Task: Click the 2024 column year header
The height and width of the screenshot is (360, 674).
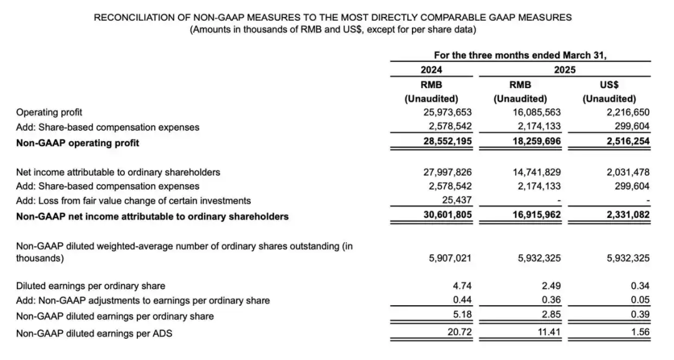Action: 431,70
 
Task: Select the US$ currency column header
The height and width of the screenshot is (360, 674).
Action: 609,85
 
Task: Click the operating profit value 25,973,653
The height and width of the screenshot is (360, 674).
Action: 447,113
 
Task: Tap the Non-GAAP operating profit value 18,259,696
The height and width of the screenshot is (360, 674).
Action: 536,142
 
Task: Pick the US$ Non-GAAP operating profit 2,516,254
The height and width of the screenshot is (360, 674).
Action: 625,142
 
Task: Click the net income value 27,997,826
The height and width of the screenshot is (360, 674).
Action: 447,172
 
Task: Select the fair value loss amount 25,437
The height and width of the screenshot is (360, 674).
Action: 457,201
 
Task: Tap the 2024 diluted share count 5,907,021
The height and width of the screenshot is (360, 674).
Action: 449,257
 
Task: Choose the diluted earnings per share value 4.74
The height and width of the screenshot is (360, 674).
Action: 462,286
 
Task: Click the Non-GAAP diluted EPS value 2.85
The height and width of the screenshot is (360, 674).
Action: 551,316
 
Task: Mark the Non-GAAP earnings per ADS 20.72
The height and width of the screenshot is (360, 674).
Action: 460,333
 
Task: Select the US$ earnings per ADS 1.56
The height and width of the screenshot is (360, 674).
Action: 640,333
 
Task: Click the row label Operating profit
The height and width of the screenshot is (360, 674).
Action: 48,113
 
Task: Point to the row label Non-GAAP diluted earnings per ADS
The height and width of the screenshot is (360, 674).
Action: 94,333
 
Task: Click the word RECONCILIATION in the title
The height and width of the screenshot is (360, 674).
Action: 133,17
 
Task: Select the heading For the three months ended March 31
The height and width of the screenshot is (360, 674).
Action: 520,55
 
